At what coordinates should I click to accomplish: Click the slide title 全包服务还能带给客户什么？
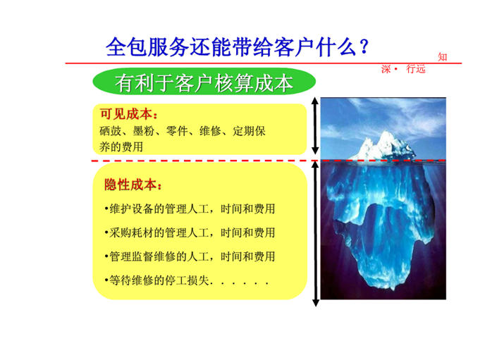point(237,47)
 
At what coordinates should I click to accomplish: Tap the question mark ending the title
point(363,47)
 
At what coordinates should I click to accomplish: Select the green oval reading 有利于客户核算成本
point(204,82)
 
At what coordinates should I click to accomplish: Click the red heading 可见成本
point(129,114)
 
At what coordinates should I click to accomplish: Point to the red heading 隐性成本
point(133,185)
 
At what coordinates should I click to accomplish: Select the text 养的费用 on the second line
point(121,147)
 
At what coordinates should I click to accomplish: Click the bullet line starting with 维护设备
point(190,209)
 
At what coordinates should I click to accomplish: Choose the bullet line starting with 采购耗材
point(190,232)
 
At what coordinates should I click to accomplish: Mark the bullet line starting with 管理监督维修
point(190,256)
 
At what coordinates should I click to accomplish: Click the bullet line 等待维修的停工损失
point(187,280)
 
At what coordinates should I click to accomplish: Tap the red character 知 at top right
point(443,57)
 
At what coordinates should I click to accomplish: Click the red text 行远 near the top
point(416,69)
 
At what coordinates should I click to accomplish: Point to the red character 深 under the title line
point(386,69)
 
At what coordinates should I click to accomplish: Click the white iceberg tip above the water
point(383,146)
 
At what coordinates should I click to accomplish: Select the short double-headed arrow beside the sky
point(315,126)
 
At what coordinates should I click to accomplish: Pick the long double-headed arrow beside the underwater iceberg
point(315,234)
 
